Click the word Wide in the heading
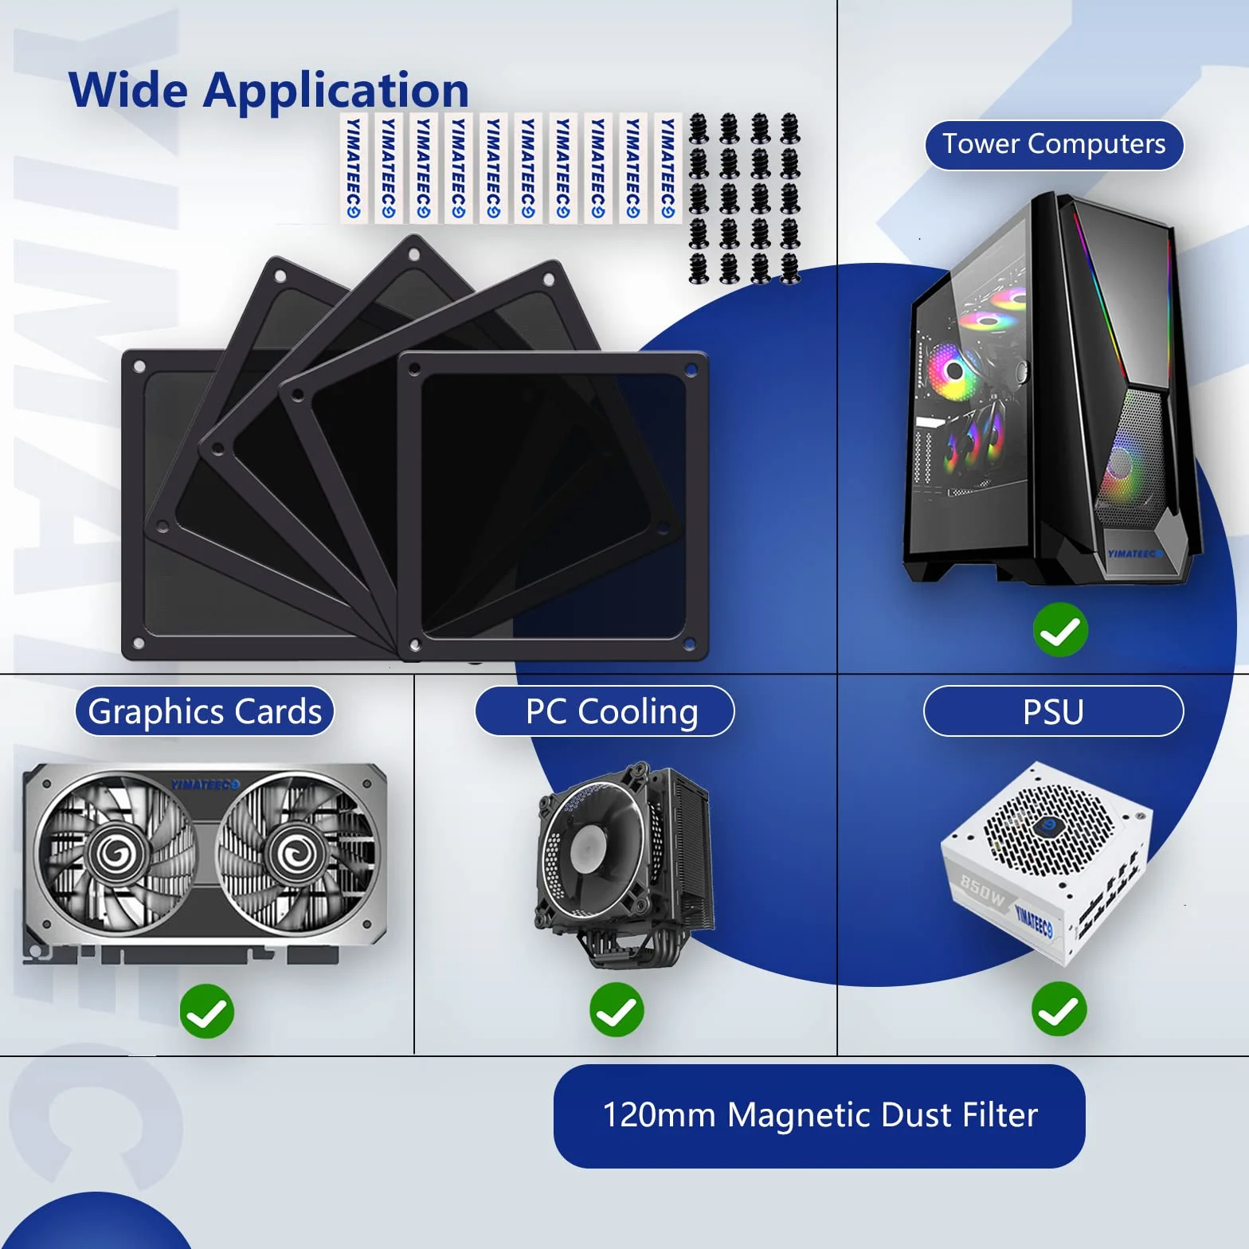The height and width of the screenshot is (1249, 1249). [x=128, y=89]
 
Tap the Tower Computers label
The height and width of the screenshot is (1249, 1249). [x=1054, y=145]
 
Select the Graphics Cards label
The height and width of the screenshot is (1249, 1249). [x=205, y=711]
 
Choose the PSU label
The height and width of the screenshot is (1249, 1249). [x=1053, y=711]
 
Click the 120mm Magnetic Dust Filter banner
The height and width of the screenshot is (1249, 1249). [x=819, y=1115]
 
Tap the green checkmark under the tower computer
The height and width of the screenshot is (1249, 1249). [x=1060, y=631]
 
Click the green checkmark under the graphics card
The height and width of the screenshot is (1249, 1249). [x=207, y=1012]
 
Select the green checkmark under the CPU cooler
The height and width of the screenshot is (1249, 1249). [x=617, y=1010]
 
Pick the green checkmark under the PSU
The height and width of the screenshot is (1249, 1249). [x=1059, y=1010]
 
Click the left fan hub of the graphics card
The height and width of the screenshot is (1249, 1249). [x=119, y=855]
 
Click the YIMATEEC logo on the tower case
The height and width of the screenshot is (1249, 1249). [x=1134, y=554]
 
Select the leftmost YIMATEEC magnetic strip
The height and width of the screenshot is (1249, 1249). [x=354, y=168]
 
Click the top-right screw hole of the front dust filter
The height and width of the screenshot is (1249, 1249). [x=691, y=370]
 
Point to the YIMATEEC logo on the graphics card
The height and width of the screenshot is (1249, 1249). [x=205, y=785]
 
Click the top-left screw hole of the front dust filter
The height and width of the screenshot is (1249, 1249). [x=414, y=367]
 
